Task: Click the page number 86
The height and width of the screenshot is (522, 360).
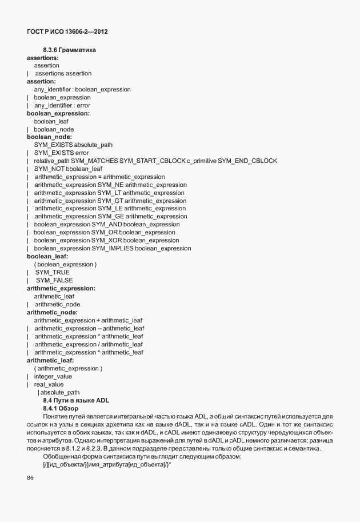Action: click(x=30, y=478)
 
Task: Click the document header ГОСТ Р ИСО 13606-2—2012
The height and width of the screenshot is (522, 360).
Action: click(x=67, y=31)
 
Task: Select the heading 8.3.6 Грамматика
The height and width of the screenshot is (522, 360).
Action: click(x=69, y=50)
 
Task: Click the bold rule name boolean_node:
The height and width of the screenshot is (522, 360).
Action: click(x=49, y=137)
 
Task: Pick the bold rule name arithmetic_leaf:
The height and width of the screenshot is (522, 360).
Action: click(x=50, y=361)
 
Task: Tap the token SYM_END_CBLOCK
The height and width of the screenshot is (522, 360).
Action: click(x=247, y=161)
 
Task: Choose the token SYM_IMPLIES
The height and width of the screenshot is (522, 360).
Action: click(x=117, y=249)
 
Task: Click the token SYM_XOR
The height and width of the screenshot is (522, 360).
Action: click(x=110, y=241)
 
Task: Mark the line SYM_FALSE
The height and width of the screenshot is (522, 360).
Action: click(x=54, y=281)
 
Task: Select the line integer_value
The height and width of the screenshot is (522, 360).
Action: click(x=53, y=377)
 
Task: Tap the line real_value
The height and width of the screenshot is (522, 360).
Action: click(x=49, y=385)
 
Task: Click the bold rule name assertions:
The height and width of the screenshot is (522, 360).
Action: click(x=43, y=58)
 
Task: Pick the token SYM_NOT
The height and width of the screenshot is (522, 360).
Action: click(x=49, y=169)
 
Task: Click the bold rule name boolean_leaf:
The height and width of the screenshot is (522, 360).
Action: click(x=47, y=257)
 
